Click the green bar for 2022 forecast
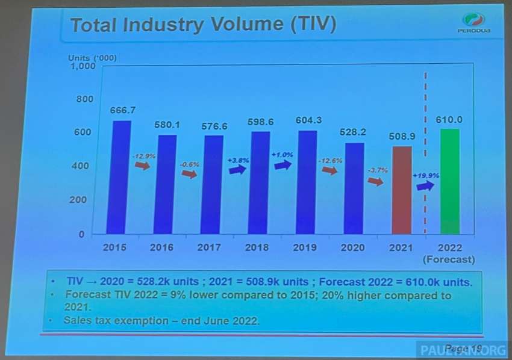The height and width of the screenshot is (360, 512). (x=449, y=181)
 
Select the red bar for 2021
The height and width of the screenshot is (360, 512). (x=401, y=190)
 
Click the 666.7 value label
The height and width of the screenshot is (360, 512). (x=123, y=110)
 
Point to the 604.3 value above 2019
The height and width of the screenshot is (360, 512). (x=308, y=120)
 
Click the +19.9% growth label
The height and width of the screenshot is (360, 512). (x=425, y=175)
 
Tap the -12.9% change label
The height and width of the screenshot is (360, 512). (x=144, y=156)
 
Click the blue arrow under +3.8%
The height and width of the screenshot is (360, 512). (x=237, y=170)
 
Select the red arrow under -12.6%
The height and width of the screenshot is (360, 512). (x=329, y=171)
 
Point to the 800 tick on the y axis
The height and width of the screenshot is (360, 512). (x=85, y=99)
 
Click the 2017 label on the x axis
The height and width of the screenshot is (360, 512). (x=210, y=247)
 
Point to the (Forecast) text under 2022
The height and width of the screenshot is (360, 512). (x=450, y=260)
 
